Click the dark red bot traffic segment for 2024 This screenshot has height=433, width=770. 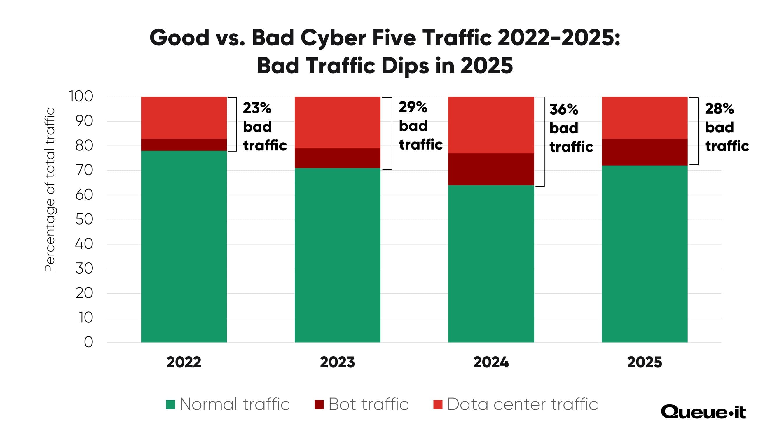(491, 169)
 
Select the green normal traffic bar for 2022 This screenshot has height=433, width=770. (184, 246)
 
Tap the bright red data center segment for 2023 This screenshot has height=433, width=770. (338, 122)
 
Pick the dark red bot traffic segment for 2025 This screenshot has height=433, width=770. (645, 152)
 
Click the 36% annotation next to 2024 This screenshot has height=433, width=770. (564, 110)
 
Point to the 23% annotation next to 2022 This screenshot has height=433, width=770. (257, 108)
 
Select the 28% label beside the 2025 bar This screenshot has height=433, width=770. (719, 109)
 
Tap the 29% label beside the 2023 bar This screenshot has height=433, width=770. (413, 107)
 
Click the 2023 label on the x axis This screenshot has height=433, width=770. (337, 362)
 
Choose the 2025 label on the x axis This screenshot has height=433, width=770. (645, 362)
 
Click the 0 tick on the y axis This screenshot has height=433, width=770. (88, 342)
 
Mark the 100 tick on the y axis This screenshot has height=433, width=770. (81, 97)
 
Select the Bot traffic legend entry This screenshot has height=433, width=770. (362, 404)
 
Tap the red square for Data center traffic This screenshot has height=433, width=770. (438, 405)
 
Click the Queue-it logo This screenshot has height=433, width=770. (703, 412)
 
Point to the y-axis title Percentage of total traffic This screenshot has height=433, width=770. (50, 190)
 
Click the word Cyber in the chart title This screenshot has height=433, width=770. (333, 38)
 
